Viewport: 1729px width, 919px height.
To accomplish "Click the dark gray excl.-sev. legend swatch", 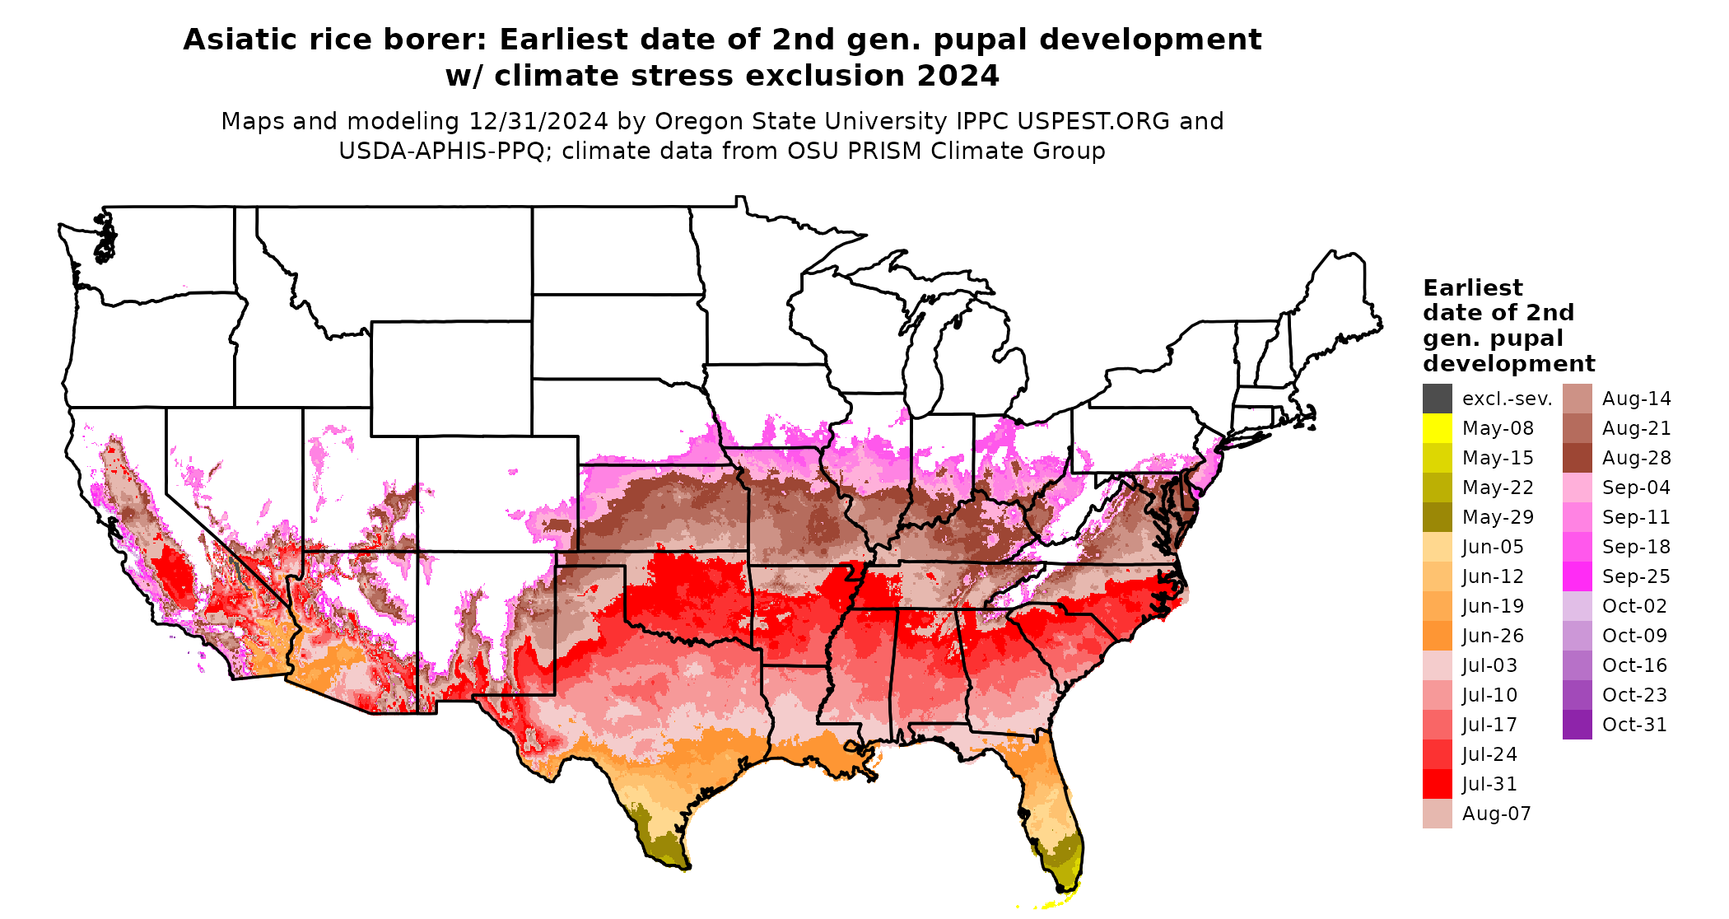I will click(x=1437, y=399).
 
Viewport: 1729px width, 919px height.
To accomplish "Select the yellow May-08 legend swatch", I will click(x=1437, y=428).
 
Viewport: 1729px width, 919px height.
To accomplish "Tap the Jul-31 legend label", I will click(x=1489, y=784).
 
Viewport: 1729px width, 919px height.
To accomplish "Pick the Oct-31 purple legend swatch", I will click(x=1577, y=725).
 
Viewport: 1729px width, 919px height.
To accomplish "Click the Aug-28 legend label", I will click(x=1636, y=458).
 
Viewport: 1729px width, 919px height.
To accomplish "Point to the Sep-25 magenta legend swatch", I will click(x=1577, y=576).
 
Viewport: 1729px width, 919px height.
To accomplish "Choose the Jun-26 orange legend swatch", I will click(x=1437, y=636).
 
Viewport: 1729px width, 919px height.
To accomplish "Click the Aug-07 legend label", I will click(x=1496, y=814).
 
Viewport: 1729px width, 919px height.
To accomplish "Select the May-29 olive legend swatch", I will click(x=1437, y=517).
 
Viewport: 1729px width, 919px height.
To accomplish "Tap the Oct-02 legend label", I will click(x=1634, y=606).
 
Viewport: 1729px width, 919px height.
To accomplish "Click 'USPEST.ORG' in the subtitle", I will click(x=1093, y=121).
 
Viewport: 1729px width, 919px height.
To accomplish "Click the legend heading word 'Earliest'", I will click(x=1472, y=287).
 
